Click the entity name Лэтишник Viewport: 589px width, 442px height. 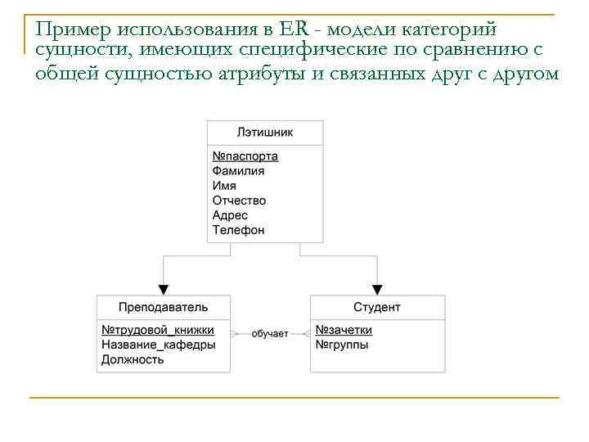point(264,133)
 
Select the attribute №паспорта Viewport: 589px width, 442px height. point(245,156)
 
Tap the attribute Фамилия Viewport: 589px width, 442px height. point(238,171)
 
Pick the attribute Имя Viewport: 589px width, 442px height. point(224,186)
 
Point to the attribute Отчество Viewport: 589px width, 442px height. point(239,201)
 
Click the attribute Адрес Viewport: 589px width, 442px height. point(230,215)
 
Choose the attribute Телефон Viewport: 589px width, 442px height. point(238,230)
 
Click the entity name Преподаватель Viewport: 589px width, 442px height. point(163,307)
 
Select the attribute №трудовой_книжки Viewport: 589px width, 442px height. point(158,330)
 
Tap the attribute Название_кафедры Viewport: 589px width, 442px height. point(159,345)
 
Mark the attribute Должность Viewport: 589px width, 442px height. point(133,359)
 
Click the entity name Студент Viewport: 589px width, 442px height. point(377,307)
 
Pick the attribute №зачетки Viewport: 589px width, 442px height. point(344,330)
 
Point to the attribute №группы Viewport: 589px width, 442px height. point(341,345)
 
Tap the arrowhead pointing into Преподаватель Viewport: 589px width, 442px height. point(163,290)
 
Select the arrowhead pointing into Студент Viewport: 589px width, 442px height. point(377,290)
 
